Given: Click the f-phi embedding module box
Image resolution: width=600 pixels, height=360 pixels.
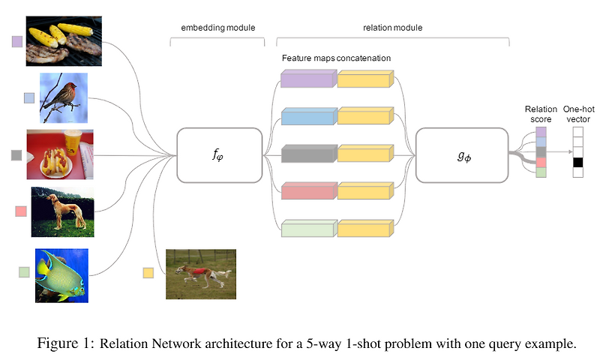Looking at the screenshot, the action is pos(219,155).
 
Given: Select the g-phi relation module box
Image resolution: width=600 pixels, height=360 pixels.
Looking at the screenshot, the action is pos(462,155).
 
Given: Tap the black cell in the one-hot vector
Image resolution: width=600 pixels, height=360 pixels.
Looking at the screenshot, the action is pos(577,162).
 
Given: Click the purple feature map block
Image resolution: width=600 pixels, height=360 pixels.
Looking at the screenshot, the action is pos(309,79).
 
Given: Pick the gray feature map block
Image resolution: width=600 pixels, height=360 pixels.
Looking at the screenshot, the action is pos(309,154).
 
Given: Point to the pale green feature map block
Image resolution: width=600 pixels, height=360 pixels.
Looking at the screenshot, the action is pos(309,229).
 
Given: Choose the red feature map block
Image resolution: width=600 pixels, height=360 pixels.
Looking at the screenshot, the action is pos(309,191).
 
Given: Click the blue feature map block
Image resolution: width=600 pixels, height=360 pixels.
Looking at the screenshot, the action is pos(309,116).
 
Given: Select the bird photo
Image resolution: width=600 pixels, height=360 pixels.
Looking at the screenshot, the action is pos(64,98).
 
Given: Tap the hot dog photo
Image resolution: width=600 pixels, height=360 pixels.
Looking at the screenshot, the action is pos(60,154).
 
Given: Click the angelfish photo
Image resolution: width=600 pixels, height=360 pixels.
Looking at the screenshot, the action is pos(61,275).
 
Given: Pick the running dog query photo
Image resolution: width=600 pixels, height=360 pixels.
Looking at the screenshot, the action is pos(201,274).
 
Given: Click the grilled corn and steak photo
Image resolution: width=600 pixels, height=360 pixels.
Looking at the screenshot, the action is pos(64,41).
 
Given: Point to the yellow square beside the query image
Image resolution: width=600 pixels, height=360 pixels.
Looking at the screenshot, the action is pos(148,273).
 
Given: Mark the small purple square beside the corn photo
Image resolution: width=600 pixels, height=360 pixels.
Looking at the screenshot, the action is pos(17,41).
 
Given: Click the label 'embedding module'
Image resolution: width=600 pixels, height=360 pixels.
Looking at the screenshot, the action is pos(218,28).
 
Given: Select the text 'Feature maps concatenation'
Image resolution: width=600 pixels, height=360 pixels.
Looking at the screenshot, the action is pos(336,58).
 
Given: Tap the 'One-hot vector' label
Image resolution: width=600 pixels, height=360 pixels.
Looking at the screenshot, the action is pos(578,114).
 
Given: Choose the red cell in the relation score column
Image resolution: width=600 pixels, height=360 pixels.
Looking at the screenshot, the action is pos(541,162).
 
